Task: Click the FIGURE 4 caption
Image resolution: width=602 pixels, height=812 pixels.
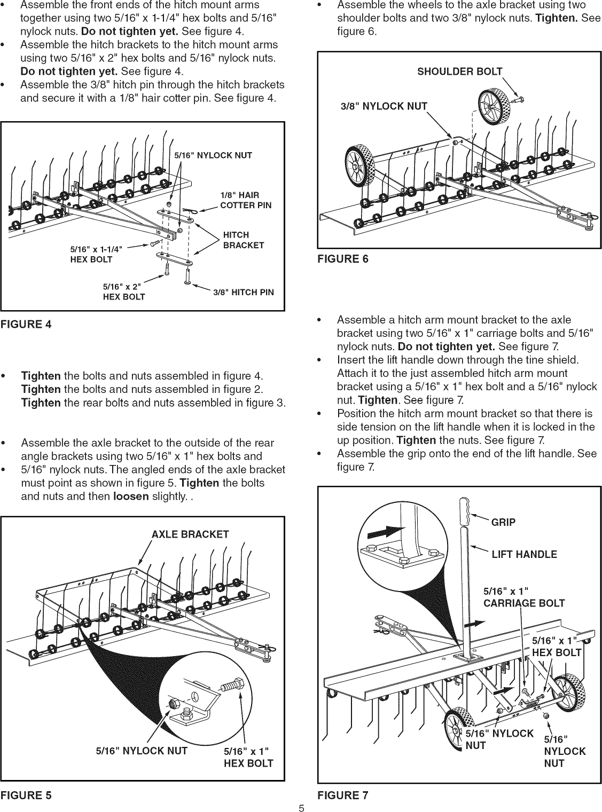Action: [x=26, y=324]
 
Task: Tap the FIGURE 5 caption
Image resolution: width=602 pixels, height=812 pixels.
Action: [x=26, y=794]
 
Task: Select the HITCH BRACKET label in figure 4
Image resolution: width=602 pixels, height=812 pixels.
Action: [x=243, y=240]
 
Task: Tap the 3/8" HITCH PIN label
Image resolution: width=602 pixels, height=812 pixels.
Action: [x=243, y=292]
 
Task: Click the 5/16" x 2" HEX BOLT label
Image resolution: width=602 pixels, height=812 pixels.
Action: [x=123, y=292]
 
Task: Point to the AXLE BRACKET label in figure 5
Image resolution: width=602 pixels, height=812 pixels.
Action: [x=190, y=534]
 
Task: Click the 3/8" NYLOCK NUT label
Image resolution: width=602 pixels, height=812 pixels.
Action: [x=384, y=106]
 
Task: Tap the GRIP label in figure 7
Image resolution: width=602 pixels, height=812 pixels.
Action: [x=503, y=522]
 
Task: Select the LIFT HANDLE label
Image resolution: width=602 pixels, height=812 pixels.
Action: [x=524, y=554]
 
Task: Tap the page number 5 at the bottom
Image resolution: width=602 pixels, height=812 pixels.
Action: [x=301, y=808]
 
